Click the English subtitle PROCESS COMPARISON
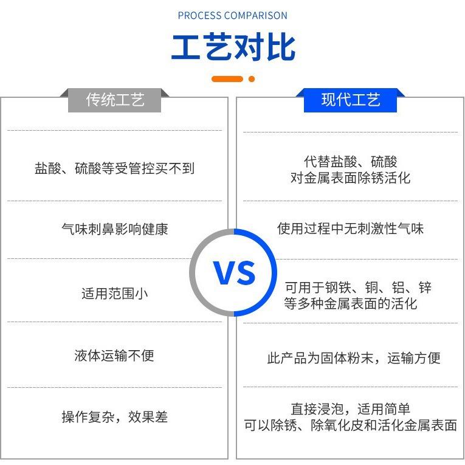pos(232,15)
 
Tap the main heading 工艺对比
pos(233,47)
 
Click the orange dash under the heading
pos(227,79)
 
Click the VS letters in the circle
pos(234,273)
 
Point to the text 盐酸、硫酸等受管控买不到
pos(114,168)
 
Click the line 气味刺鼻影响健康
pos(114,229)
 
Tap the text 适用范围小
pos(114,294)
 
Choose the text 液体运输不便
pos(114,356)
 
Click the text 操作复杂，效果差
pos(114,417)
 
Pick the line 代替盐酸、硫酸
pos(350,162)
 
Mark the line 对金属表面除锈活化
pos(350,178)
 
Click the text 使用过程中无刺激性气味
pos(350,229)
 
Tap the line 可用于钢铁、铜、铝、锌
pos(358,287)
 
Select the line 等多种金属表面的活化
pos(350,303)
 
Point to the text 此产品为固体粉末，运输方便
pos(353,358)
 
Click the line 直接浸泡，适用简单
pos(350,409)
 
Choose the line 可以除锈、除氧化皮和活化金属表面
pos(350,425)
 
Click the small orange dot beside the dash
pos(252,79)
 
